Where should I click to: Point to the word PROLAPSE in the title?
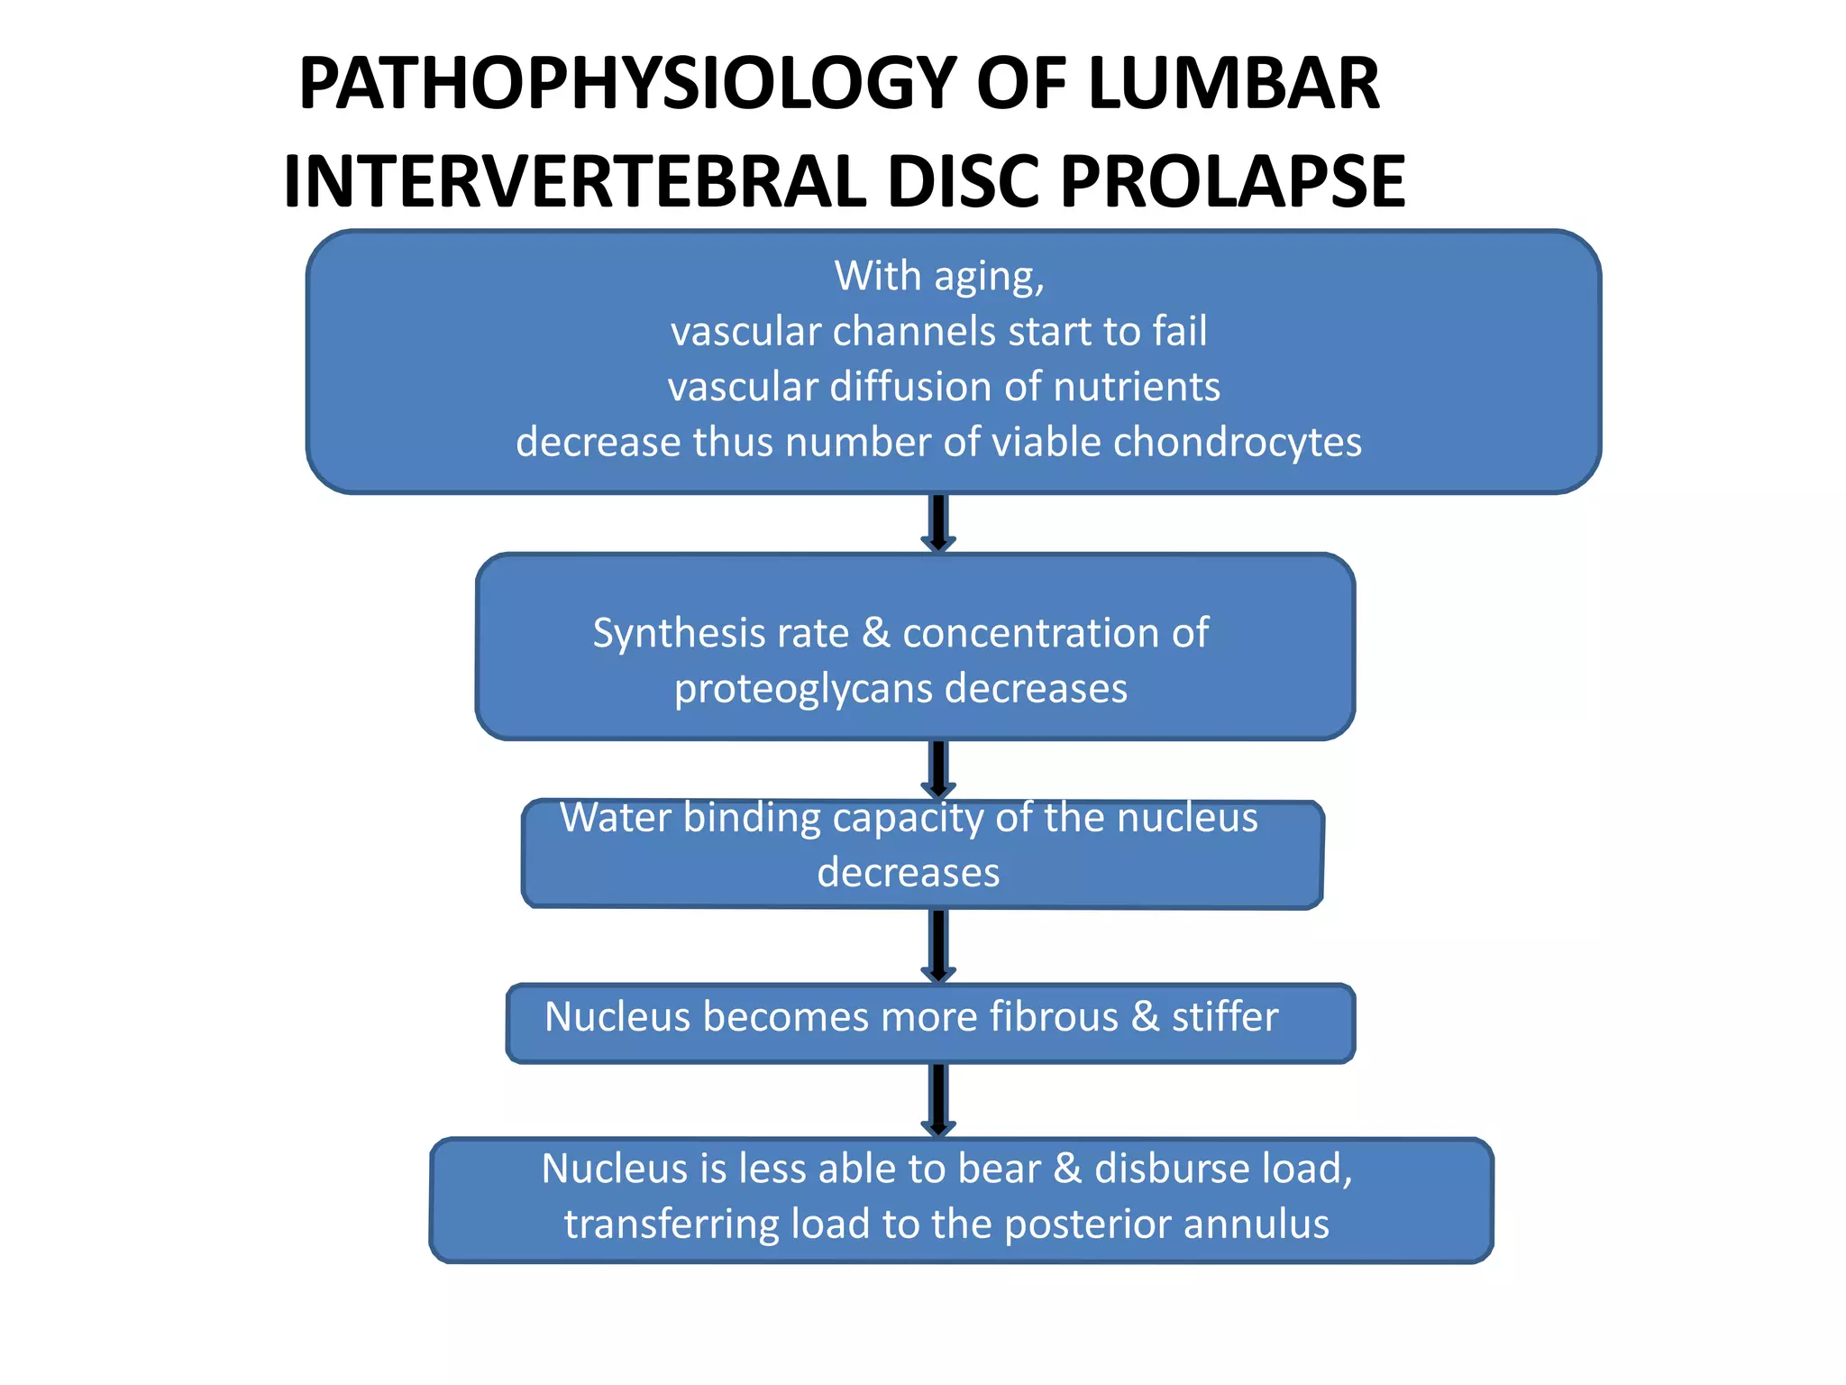coord(1232,182)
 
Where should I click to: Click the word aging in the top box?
coord(989,277)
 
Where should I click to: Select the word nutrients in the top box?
coord(1137,387)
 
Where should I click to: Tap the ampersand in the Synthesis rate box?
coord(876,633)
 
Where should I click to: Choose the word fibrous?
coord(1054,1017)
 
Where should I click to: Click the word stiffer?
coord(1225,1017)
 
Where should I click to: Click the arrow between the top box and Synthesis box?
coord(938,523)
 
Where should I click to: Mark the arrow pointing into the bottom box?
coord(938,1100)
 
